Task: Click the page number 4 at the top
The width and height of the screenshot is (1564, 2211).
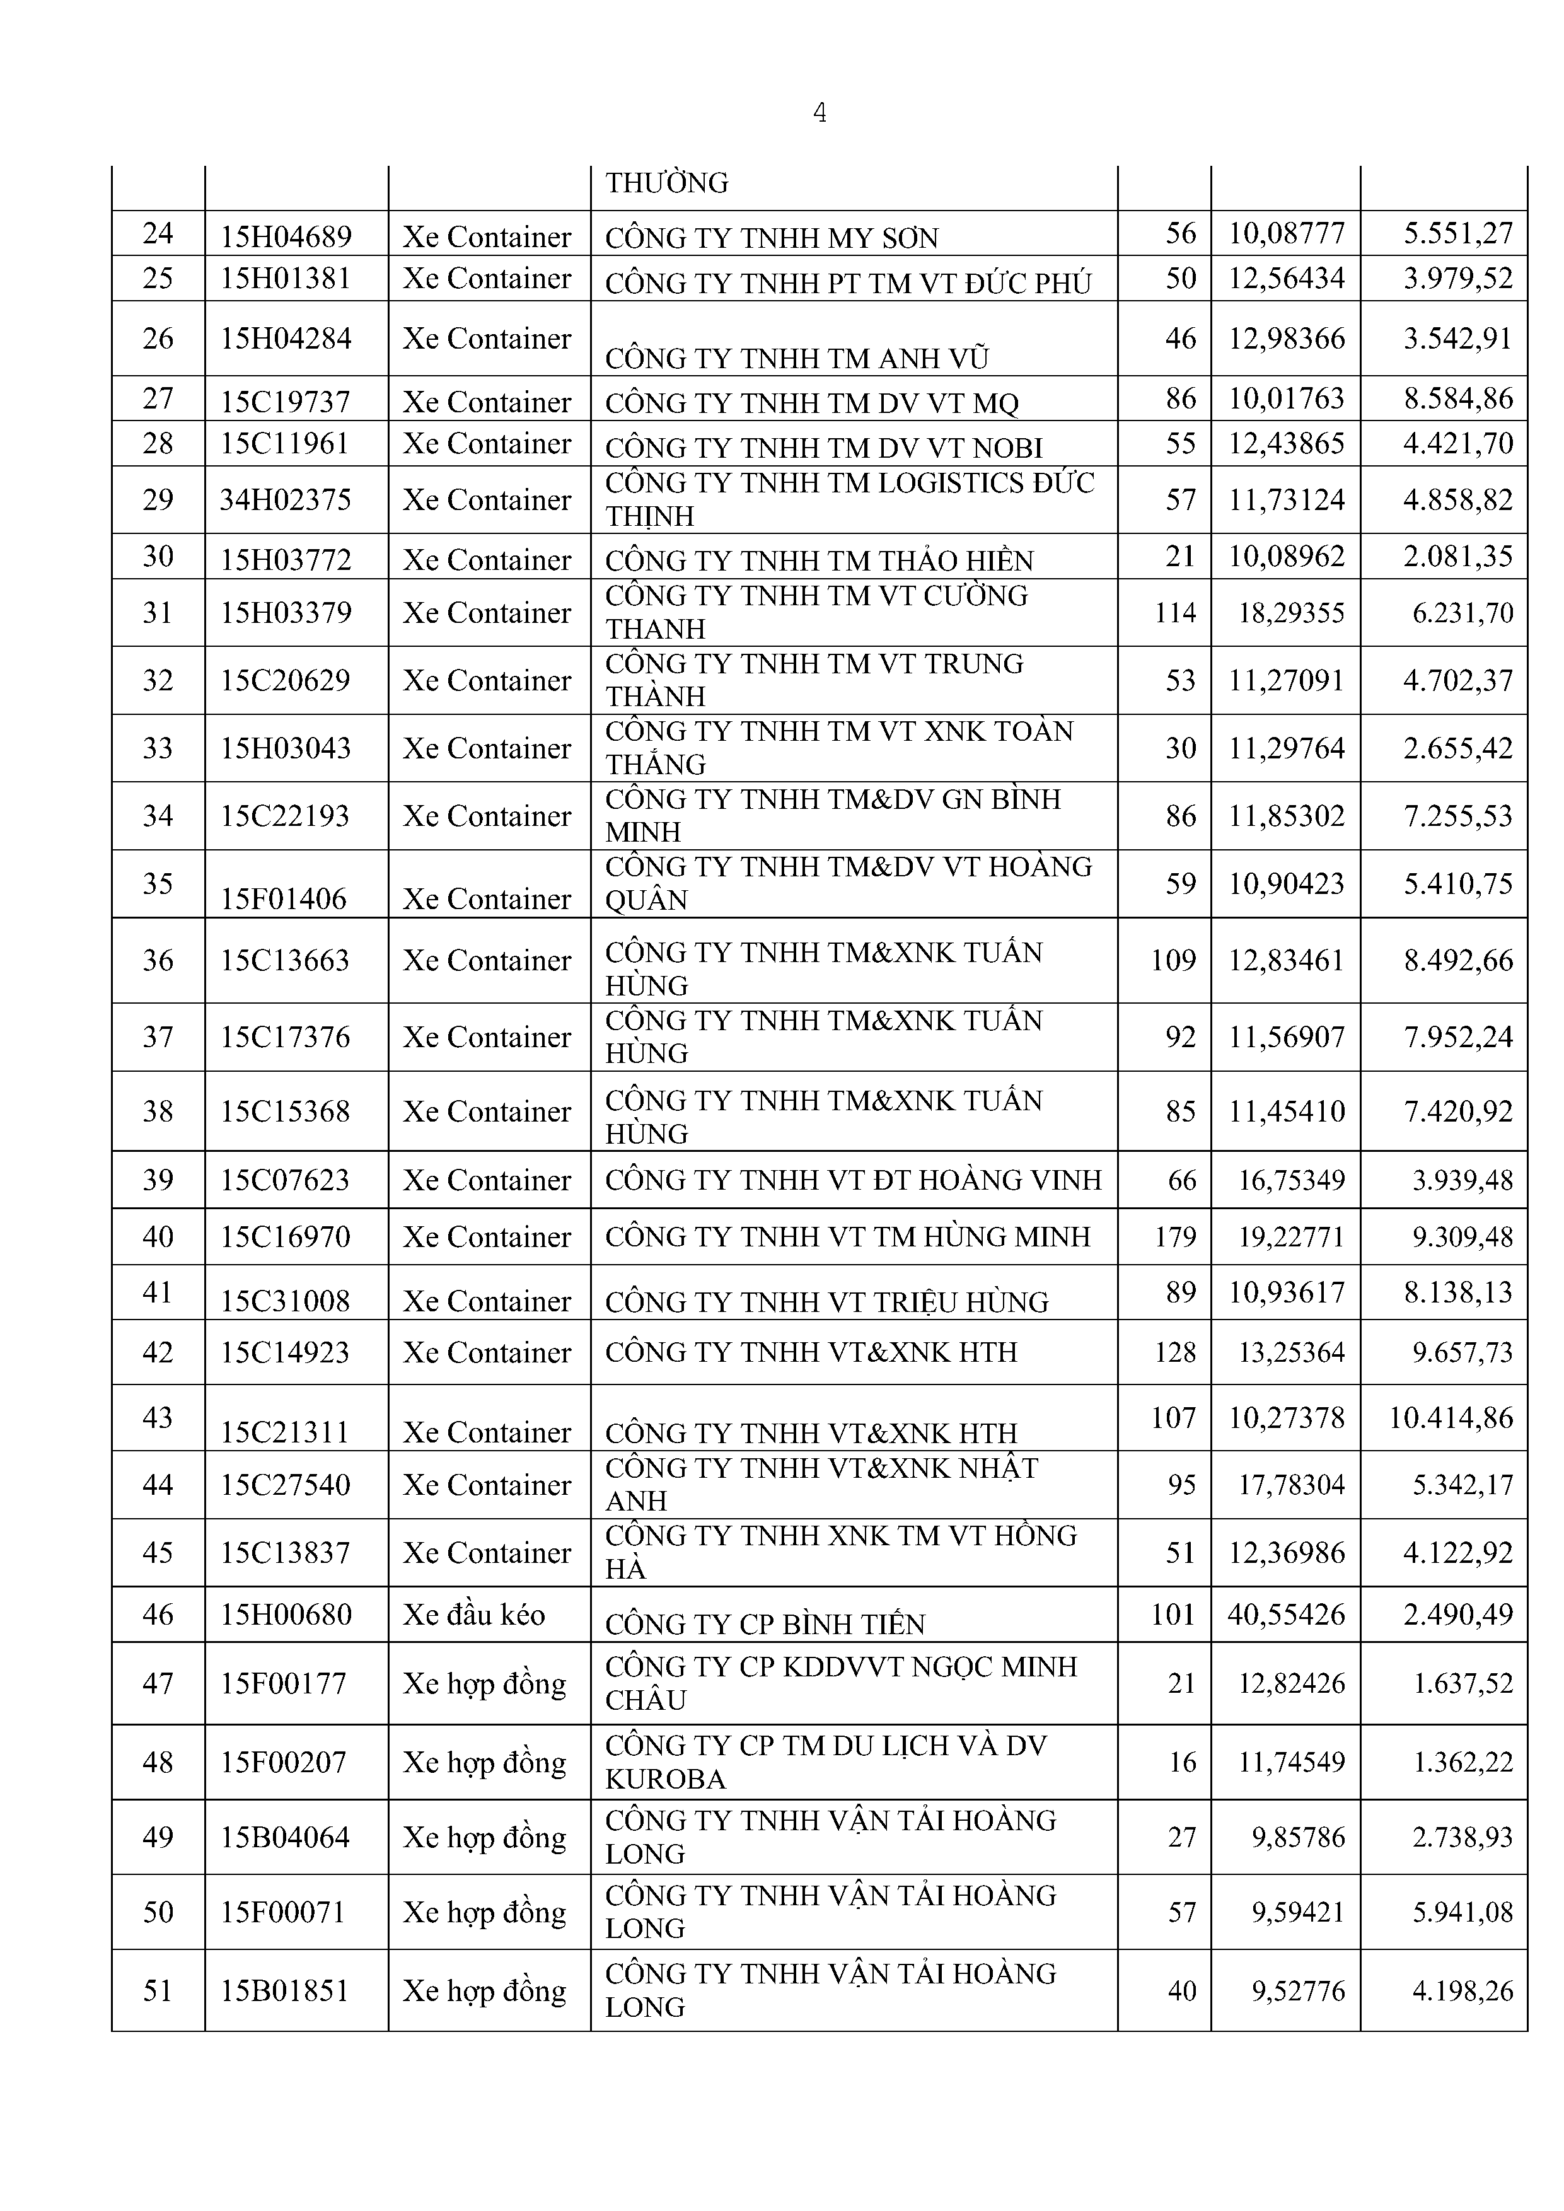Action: (820, 113)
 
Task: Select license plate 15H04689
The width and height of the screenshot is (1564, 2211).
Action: (286, 236)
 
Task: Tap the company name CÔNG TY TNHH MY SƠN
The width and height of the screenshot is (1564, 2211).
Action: (772, 238)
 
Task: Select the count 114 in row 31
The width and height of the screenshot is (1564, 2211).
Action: (1175, 612)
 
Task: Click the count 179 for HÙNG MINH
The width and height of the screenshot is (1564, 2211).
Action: (1175, 1236)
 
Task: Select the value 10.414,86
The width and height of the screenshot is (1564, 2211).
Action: (1451, 1417)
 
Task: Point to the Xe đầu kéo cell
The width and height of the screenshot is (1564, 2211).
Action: (474, 1614)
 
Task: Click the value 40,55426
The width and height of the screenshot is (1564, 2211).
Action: (1285, 1614)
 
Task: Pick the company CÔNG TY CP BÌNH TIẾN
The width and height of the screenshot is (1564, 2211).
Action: (765, 1625)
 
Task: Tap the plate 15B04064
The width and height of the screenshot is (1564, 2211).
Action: (285, 1837)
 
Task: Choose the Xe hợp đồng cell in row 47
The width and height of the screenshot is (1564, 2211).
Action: (484, 1683)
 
